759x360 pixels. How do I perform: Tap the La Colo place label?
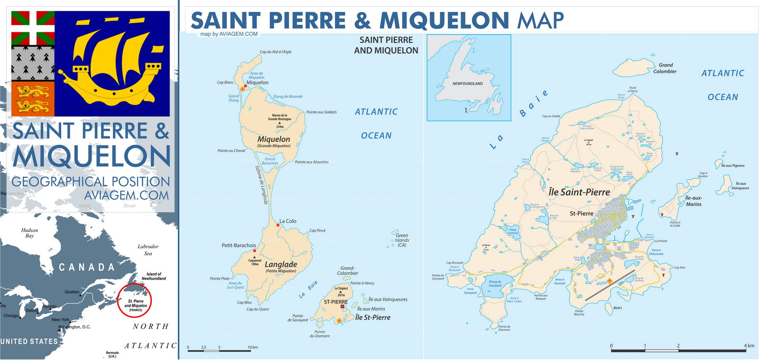287,221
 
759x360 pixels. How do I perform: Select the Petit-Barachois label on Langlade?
239,245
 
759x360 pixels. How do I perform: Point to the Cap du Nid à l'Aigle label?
276,52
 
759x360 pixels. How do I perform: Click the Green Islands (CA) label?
402,240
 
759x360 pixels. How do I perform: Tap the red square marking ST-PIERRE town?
342,306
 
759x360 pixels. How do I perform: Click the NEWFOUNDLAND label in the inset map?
467,83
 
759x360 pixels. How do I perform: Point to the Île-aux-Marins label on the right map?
694,201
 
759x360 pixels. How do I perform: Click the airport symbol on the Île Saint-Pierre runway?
610,281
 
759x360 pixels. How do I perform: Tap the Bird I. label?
618,308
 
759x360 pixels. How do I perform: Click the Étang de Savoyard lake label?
495,284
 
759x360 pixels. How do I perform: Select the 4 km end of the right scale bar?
746,350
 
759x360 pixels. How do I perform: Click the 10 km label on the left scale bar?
252,347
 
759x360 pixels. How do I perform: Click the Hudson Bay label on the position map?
29,232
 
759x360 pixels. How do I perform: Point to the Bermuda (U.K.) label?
112,354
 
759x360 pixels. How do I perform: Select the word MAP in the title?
540,20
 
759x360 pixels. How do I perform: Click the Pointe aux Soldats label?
321,112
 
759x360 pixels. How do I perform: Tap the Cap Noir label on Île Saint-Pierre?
679,268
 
